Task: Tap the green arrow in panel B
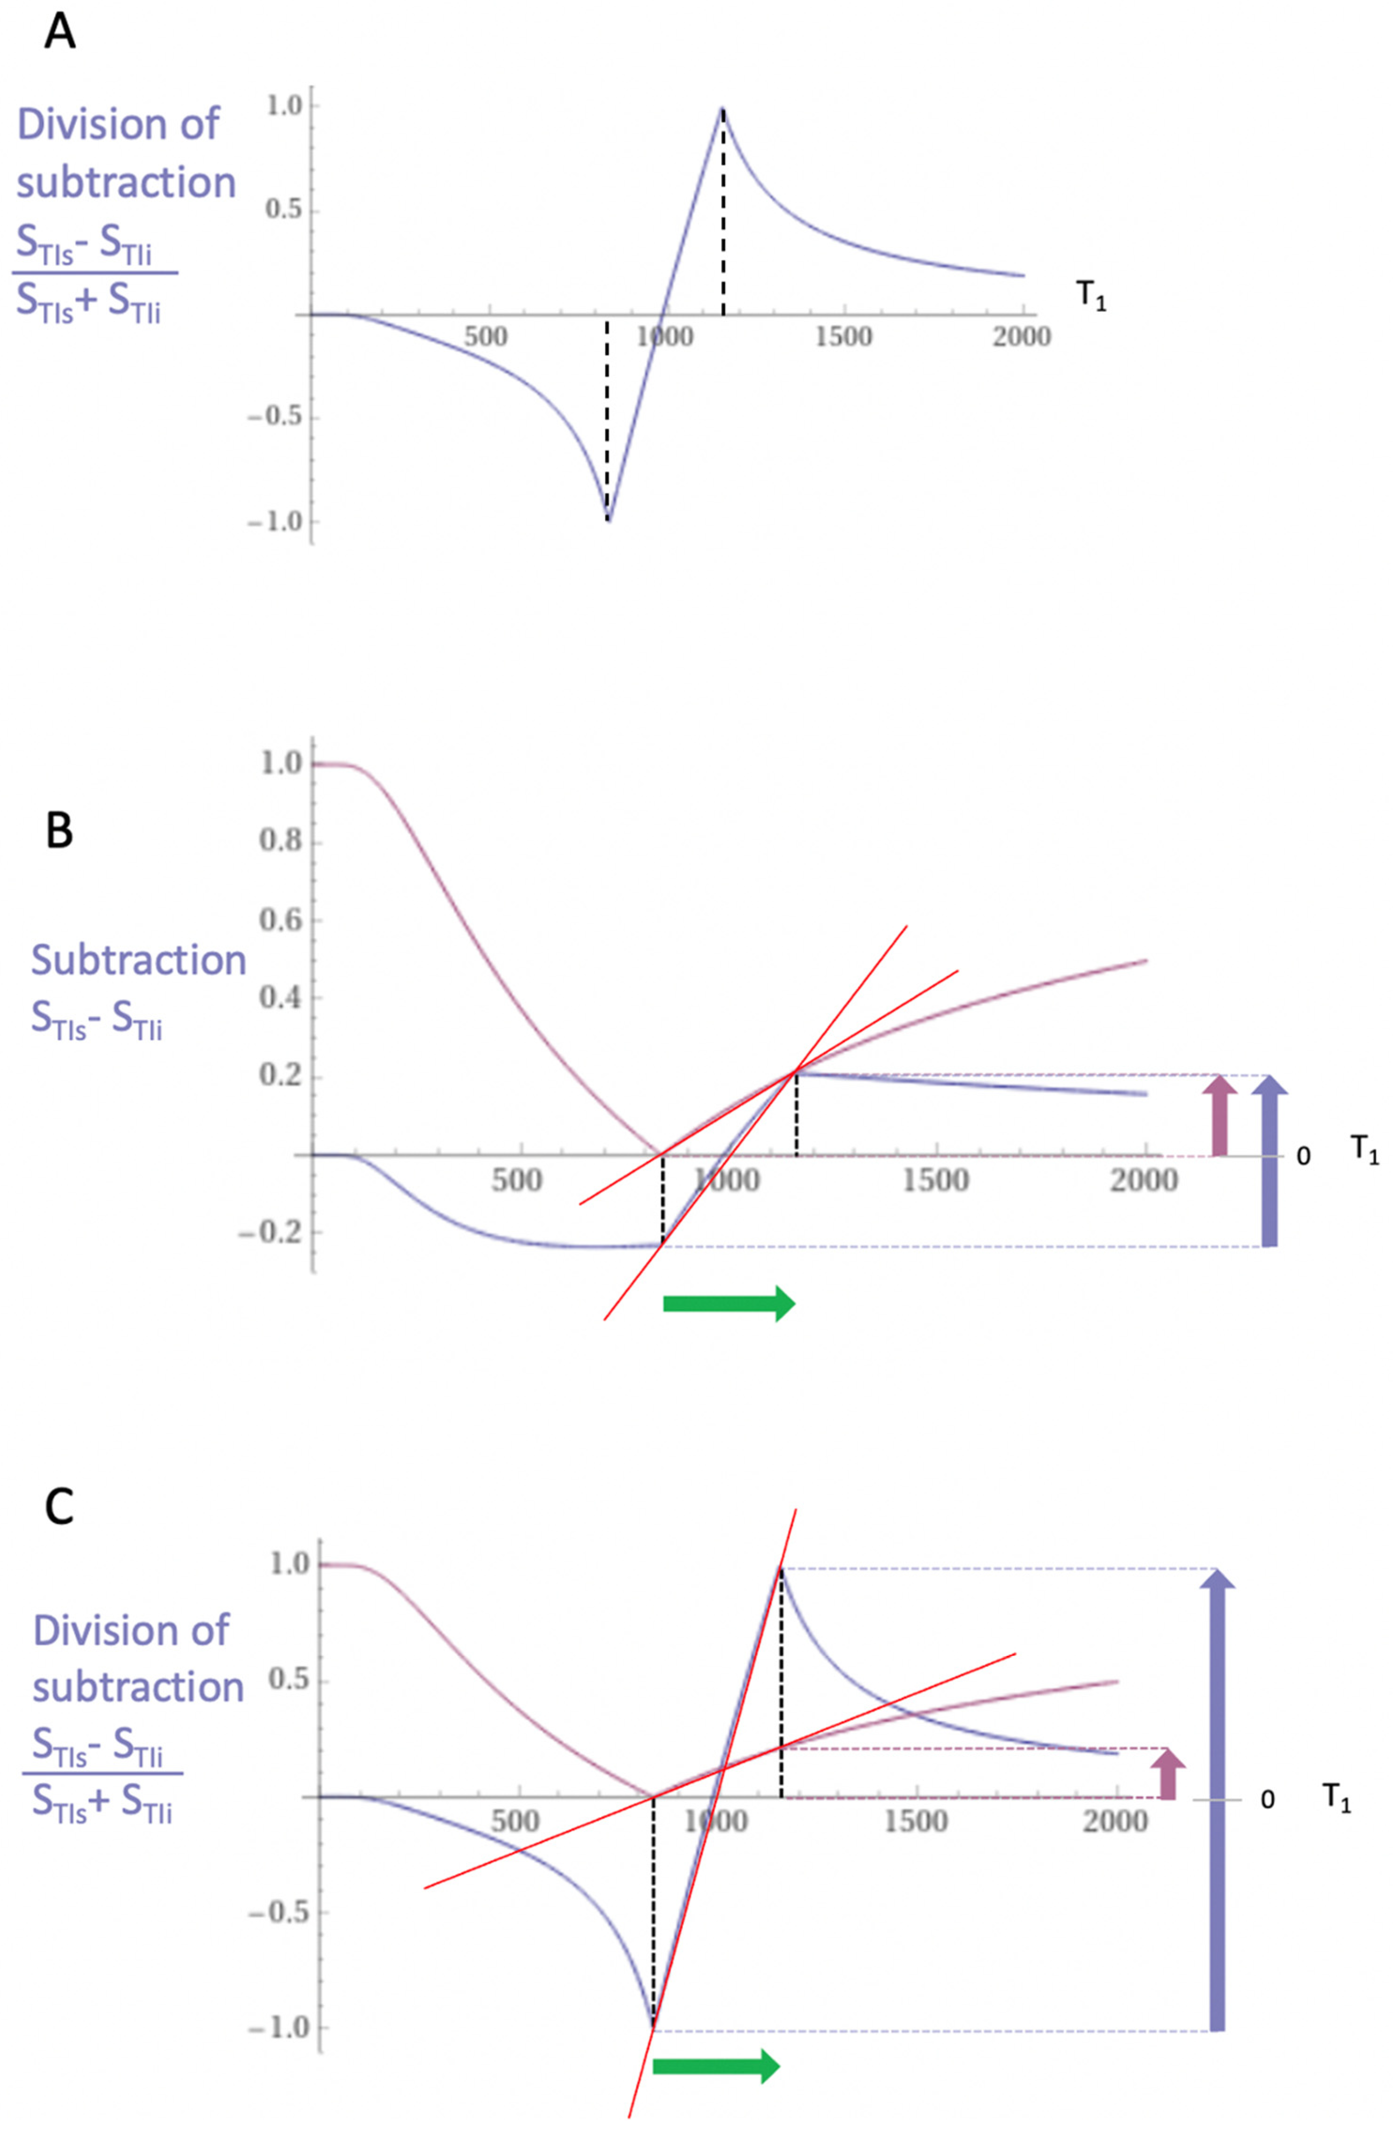pyautogui.click(x=728, y=1303)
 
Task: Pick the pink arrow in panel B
pyautogui.click(x=1218, y=1115)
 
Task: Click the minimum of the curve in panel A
pyautogui.click(x=608, y=519)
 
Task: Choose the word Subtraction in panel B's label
pyautogui.click(x=139, y=960)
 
